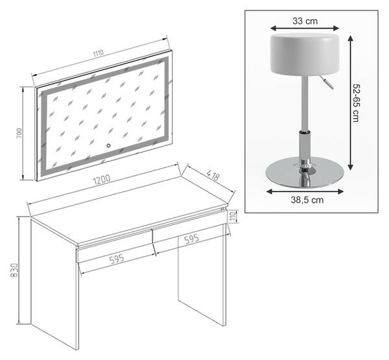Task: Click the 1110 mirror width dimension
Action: [x=99, y=53]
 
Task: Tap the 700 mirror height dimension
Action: [x=19, y=134]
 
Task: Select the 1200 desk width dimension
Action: [x=102, y=180]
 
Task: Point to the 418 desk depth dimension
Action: [x=213, y=175]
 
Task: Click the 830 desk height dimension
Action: [x=14, y=270]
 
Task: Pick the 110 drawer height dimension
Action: [x=233, y=217]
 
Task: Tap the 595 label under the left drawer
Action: [x=117, y=259]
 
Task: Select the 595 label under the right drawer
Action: [x=191, y=239]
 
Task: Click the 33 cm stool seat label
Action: [x=305, y=21]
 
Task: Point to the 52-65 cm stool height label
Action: [x=356, y=102]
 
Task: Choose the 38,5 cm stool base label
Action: [x=307, y=200]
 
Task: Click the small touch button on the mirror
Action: [x=108, y=145]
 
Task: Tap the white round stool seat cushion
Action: [x=305, y=54]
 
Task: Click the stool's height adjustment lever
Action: [x=327, y=82]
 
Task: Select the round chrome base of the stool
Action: [x=305, y=172]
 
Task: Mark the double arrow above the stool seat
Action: [x=305, y=28]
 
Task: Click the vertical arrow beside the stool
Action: [x=350, y=102]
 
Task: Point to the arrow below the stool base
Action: [x=305, y=191]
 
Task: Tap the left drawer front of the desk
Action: [x=114, y=246]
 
